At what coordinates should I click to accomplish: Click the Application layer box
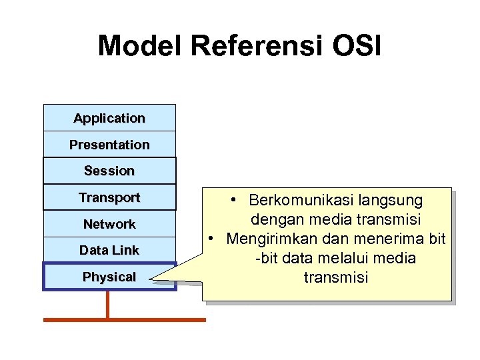(109, 118)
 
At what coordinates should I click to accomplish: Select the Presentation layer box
(109, 145)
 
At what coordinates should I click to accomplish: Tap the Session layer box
(109, 171)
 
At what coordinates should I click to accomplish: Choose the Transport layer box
(109, 197)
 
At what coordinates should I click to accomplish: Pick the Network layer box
(109, 224)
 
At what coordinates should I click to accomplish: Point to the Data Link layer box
(109, 250)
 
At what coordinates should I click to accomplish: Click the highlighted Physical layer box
(109, 277)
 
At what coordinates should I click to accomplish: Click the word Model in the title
(140, 46)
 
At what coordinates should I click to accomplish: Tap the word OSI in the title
(357, 46)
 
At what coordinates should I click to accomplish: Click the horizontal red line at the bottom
(125, 319)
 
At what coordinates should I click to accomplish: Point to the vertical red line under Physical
(107, 305)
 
